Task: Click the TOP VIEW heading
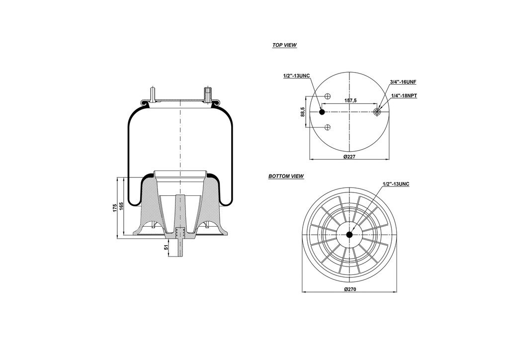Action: pyautogui.click(x=284, y=45)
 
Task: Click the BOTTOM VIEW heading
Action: pyautogui.click(x=286, y=177)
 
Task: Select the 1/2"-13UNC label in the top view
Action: pyautogui.click(x=296, y=76)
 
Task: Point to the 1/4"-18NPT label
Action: pyautogui.click(x=403, y=95)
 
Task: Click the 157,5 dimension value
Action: pyautogui.click(x=350, y=100)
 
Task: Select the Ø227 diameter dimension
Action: pyautogui.click(x=350, y=157)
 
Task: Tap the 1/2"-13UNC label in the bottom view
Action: pyautogui.click(x=396, y=184)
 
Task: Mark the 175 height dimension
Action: pyautogui.click(x=115, y=206)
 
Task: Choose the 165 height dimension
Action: pyautogui.click(x=122, y=206)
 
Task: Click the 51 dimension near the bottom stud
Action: pyautogui.click(x=166, y=248)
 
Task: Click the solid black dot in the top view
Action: pyautogui.click(x=322, y=112)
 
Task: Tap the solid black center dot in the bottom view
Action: pyautogui.click(x=349, y=235)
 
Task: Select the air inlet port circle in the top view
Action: pyautogui.click(x=377, y=112)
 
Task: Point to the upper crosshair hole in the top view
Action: pyautogui.click(x=328, y=96)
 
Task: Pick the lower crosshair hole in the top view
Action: pyautogui.click(x=328, y=128)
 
